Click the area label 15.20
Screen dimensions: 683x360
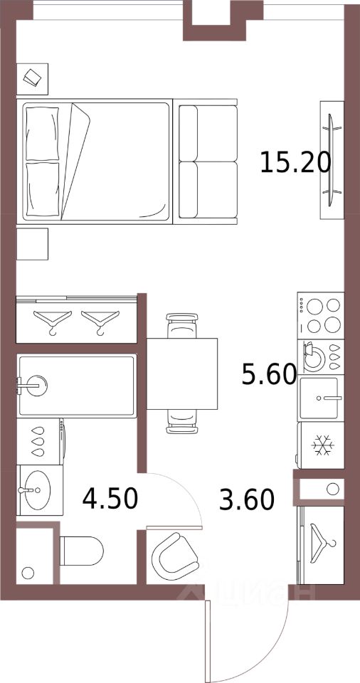[x=295, y=163]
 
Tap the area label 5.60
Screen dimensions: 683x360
[x=269, y=373]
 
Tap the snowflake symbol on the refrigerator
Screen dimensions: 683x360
[x=322, y=446]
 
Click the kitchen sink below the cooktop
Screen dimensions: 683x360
[x=321, y=398]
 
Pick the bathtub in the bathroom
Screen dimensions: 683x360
[x=76, y=386]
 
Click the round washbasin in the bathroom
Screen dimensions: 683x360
[x=34, y=489]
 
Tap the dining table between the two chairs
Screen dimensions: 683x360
[x=182, y=373]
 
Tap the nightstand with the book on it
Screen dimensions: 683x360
[x=32, y=78]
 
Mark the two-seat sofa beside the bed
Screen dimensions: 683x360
[x=206, y=162]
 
